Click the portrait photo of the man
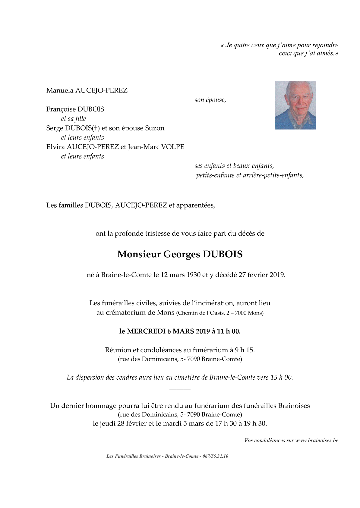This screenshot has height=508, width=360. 295,105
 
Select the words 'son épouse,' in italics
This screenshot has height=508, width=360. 210,100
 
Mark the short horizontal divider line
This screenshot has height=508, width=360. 180,390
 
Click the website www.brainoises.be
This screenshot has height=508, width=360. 317,441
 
